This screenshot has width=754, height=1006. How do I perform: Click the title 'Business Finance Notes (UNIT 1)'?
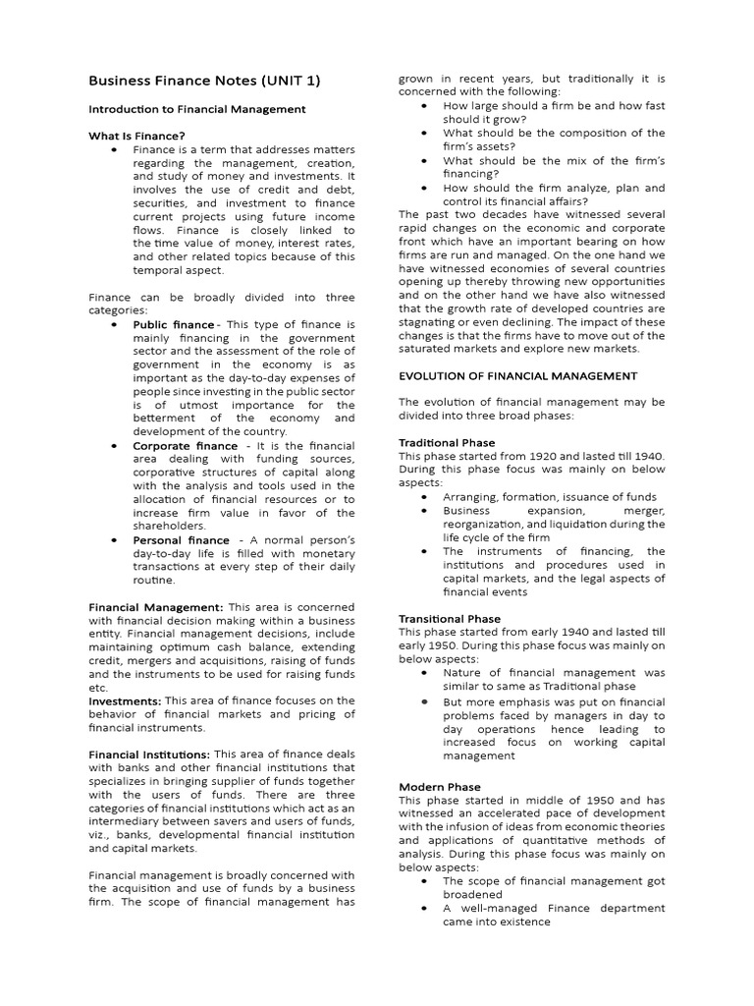204,81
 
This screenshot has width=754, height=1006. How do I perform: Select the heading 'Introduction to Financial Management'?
197,109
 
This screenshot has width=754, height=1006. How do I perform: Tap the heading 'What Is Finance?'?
136,136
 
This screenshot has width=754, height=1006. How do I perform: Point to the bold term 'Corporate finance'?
186,445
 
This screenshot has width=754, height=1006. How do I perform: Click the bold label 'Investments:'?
125,700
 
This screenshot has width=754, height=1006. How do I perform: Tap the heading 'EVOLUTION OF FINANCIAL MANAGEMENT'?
517,375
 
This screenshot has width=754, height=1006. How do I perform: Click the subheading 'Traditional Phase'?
447,443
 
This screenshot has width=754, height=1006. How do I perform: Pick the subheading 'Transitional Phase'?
450,619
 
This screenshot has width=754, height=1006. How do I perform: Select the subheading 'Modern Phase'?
440,787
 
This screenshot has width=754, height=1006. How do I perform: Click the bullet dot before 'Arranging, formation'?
423,497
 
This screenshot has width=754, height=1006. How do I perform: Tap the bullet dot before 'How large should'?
423,105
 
